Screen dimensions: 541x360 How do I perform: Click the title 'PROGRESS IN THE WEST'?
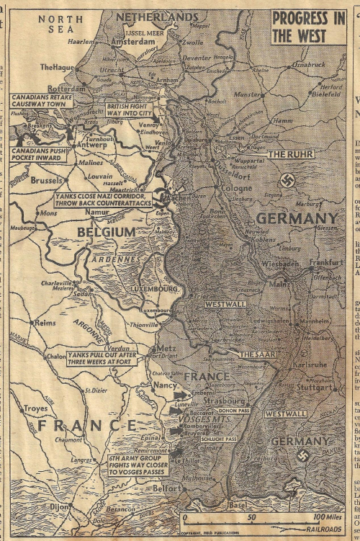point(308,27)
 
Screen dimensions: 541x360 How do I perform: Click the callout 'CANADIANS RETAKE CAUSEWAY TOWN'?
point(41,102)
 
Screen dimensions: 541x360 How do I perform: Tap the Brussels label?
point(48,179)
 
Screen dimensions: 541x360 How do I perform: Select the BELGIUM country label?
point(108,231)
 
